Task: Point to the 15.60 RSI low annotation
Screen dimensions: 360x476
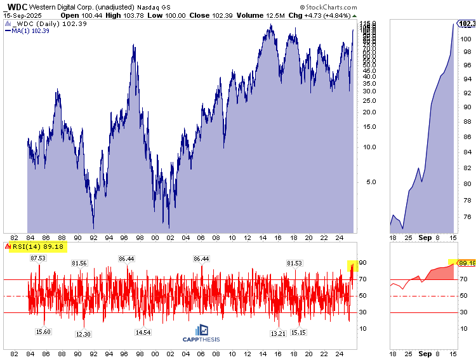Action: (43, 331)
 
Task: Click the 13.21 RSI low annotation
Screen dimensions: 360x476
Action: (277, 334)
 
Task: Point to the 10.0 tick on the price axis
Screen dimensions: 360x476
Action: (368, 147)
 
